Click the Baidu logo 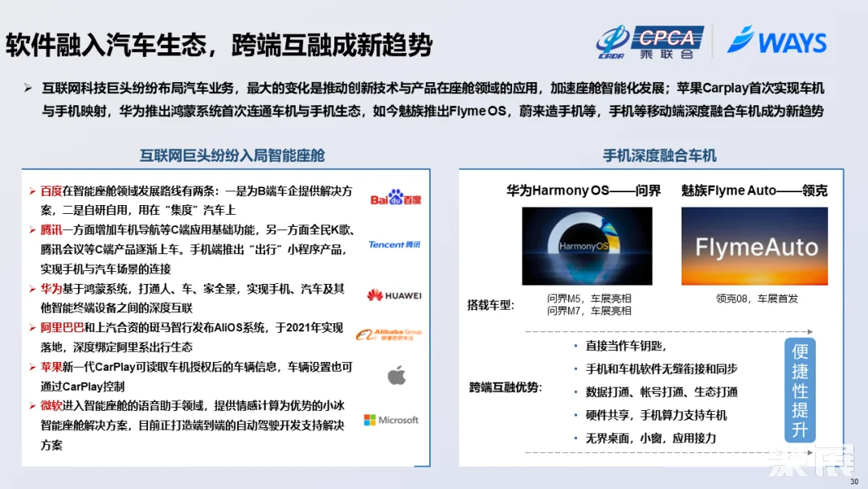(x=395, y=199)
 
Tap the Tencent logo (x=394, y=244)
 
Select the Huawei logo (x=394, y=295)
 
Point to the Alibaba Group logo (x=389, y=335)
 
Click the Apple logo (x=396, y=375)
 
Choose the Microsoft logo (x=391, y=420)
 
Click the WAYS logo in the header (x=776, y=40)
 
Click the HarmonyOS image (x=587, y=245)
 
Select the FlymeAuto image (x=754, y=245)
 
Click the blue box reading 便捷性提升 (x=800, y=390)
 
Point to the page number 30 (x=854, y=481)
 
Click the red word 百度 (x=51, y=191)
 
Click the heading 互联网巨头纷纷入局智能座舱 (x=232, y=155)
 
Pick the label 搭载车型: (x=490, y=305)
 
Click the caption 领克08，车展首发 (x=757, y=298)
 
